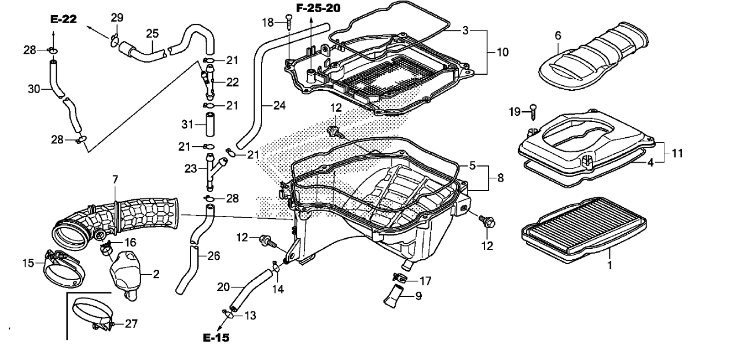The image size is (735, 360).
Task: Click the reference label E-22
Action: point(63,19)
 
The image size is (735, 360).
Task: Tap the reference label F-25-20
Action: point(318,8)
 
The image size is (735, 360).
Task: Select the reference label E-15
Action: point(216,337)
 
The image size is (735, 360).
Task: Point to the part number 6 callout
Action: point(558,35)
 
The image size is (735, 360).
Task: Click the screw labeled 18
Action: point(289,21)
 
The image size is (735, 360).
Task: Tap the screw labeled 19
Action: point(534,112)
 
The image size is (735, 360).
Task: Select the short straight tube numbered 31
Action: point(210,124)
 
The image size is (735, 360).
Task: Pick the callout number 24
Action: point(279,106)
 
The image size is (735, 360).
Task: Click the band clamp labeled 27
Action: point(93,314)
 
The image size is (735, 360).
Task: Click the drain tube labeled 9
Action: point(394,296)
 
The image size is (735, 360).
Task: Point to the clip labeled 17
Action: point(399,278)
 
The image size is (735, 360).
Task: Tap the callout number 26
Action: point(214,256)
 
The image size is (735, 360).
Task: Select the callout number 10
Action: point(502,52)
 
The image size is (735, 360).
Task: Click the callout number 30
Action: point(34,89)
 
